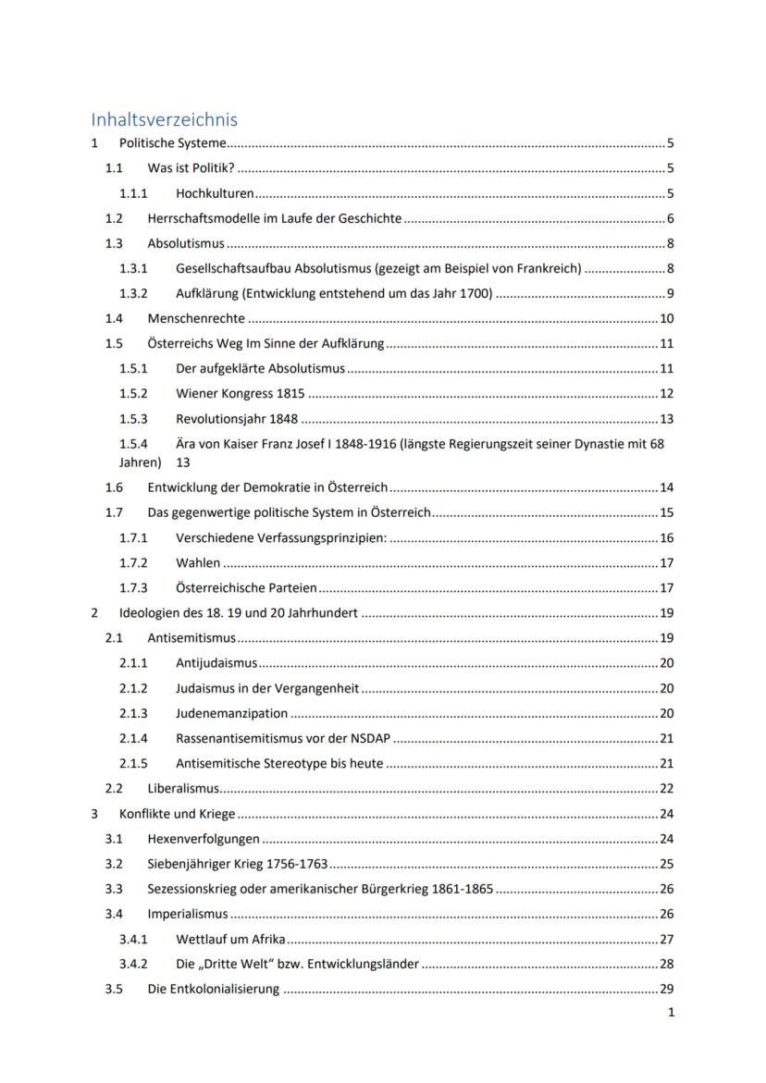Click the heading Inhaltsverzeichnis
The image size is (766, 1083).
click(x=164, y=119)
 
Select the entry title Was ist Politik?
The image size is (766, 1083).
click(x=191, y=168)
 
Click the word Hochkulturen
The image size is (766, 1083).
click(x=215, y=194)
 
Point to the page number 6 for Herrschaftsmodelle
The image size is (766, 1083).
click(x=670, y=219)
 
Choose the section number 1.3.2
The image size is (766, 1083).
click(x=133, y=294)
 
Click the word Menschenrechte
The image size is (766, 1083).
click(x=196, y=319)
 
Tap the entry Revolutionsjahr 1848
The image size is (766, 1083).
click(x=237, y=419)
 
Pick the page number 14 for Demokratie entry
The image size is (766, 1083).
click(x=667, y=487)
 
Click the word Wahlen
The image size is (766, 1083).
click(x=198, y=562)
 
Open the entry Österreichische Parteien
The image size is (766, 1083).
click(x=246, y=587)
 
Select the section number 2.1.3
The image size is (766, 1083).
click(x=133, y=713)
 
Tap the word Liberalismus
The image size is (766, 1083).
click(x=184, y=789)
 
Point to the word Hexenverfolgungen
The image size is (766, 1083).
click(x=204, y=839)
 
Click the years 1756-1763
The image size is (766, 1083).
click(x=296, y=864)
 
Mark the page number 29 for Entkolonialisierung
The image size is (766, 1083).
click(x=667, y=989)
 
